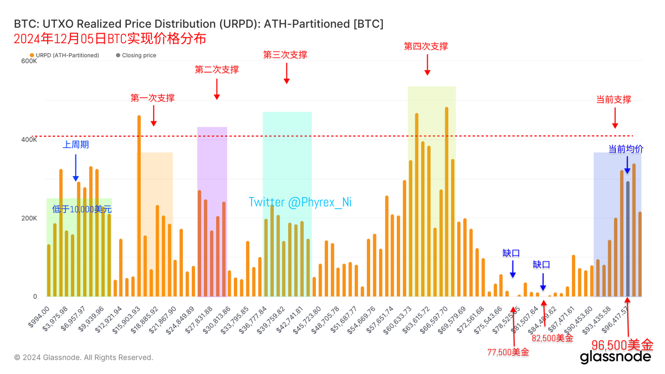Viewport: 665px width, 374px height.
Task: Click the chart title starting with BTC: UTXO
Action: (198, 24)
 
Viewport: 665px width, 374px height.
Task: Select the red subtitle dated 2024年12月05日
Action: (110, 39)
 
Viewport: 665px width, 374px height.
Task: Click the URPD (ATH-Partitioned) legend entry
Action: (65, 55)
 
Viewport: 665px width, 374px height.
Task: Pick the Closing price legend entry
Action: (136, 55)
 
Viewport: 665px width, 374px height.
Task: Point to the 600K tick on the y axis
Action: (29, 61)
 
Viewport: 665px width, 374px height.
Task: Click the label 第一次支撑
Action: (152, 98)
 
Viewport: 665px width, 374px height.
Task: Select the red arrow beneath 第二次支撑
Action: (217, 89)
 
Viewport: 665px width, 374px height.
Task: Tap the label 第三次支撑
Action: (285, 55)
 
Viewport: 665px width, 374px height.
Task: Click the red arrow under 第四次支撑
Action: (427, 65)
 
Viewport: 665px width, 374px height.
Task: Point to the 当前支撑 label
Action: (613, 100)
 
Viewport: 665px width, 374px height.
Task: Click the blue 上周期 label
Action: (76, 145)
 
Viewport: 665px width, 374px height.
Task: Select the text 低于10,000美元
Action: (82, 209)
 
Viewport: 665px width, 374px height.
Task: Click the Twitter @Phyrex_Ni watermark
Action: (300, 202)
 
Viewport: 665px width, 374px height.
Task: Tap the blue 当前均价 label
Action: (626, 149)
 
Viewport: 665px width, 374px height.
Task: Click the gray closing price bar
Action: (627, 238)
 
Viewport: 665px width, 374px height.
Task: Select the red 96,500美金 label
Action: (622, 344)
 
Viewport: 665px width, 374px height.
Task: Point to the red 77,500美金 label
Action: (508, 352)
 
